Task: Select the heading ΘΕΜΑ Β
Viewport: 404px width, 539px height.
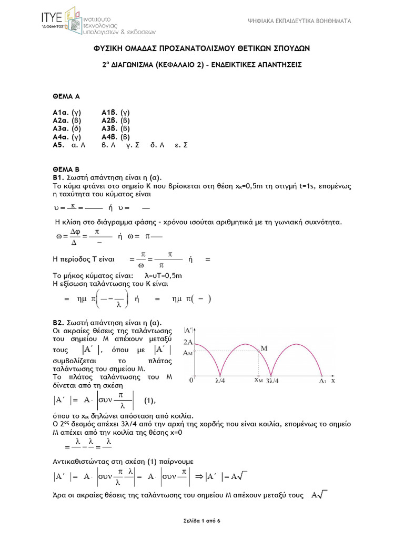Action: (x=66, y=169)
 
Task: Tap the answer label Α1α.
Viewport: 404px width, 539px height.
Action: (x=59, y=113)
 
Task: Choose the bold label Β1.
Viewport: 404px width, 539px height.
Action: (x=57, y=177)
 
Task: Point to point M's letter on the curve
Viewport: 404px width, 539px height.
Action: (x=264, y=348)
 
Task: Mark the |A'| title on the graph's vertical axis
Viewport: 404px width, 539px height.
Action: (x=188, y=331)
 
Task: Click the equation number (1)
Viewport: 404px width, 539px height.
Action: (x=150, y=401)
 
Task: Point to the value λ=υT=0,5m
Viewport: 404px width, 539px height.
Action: (x=163, y=275)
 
